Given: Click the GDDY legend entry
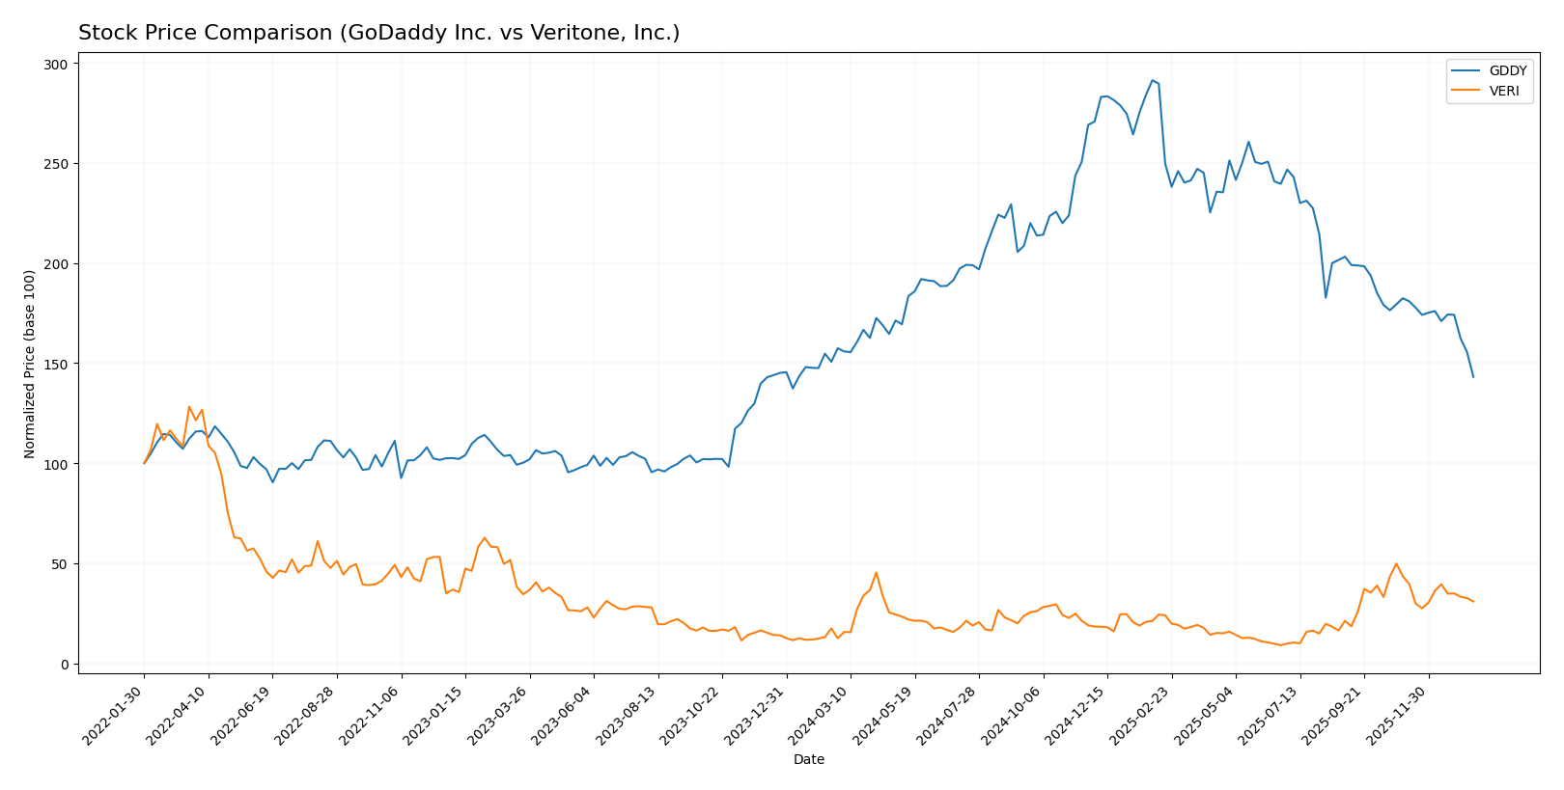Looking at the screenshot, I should coord(1507,71).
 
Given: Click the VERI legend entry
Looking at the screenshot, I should coord(1503,92).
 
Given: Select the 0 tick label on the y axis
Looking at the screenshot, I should coord(64,665).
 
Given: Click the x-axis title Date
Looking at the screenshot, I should coord(808,760).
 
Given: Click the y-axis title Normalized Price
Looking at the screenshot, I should coord(30,364).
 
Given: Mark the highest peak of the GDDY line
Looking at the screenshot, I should coord(1152,80).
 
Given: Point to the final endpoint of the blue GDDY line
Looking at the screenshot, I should coord(1473,377).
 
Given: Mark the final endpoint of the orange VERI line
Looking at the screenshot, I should coord(1473,602).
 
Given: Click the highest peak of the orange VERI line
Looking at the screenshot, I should coord(189,407).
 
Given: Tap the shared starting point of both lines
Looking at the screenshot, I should coord(145,463).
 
